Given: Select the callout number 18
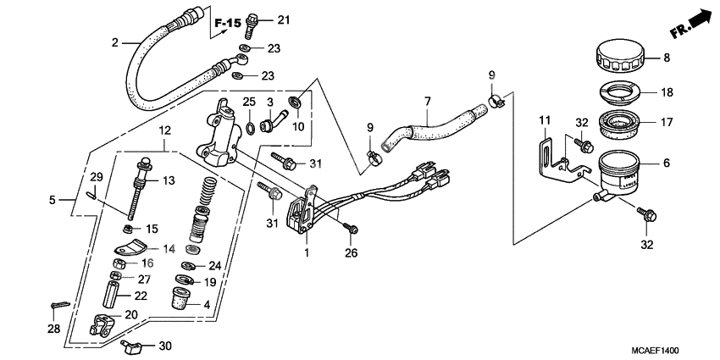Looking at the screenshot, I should tap(666, 93).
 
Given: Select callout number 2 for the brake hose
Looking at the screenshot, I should tap(115, 40).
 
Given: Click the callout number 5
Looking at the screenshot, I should tap(53, 201).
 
